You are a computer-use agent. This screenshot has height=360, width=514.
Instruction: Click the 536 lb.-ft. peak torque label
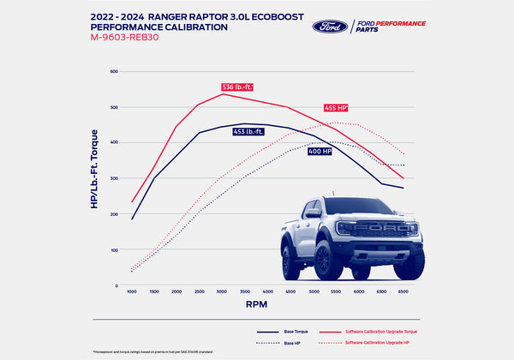click(237, 87)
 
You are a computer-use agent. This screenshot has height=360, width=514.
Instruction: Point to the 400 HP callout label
click(345, 151)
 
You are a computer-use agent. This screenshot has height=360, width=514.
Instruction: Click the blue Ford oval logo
click(330, 25)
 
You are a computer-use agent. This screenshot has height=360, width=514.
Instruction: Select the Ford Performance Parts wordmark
click(391, 25)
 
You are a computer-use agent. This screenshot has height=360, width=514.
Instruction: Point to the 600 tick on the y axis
click(112, 71)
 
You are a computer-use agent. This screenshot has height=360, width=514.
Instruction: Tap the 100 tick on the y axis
click(112, 250)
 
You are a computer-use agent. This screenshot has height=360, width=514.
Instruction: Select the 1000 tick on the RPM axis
click(132, 291)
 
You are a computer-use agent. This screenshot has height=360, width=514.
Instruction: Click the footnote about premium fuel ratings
click(154, 351)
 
